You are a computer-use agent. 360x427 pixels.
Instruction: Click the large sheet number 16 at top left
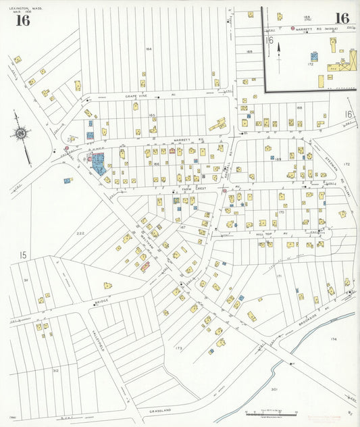tap(22, 20)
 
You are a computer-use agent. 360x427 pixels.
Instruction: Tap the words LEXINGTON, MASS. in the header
tap(24, 5)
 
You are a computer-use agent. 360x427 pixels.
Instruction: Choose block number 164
tap(149, 49)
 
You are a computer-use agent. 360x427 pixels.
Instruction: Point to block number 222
tap(80, 233)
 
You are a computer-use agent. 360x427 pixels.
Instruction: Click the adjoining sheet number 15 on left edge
tap(22, 255)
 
